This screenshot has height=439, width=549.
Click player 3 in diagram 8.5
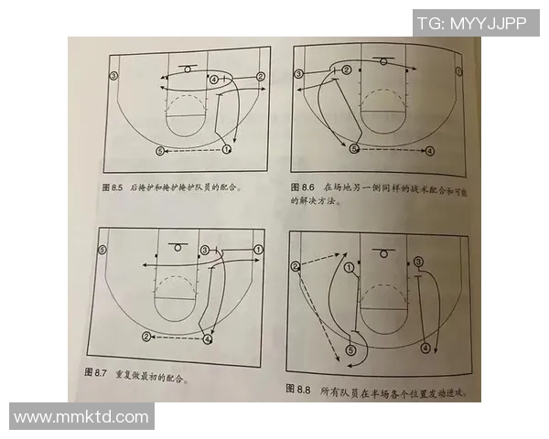(114, 75)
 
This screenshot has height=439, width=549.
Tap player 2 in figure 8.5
(260, 77)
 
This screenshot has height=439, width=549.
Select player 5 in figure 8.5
(159, 150)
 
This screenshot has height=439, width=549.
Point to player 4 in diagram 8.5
(213, 80)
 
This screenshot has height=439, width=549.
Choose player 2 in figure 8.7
(146, 337)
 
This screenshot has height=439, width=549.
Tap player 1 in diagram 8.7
(258, 249)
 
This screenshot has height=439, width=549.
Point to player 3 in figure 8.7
(205, 249)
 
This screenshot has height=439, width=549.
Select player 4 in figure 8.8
(425, 348)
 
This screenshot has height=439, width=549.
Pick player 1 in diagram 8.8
(349, 268)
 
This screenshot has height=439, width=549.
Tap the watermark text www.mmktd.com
(81, 417)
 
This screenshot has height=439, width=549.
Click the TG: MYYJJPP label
(471, 24)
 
